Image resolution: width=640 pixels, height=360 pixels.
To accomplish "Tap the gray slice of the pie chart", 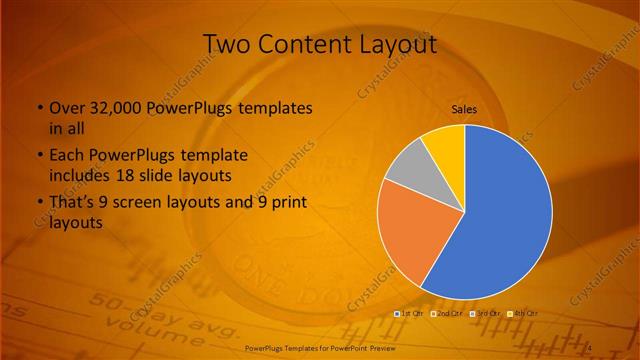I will tap(408, 170).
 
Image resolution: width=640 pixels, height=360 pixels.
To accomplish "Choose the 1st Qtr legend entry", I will tap(410, 314).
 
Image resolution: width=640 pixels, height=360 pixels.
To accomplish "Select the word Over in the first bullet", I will tap(67, 108).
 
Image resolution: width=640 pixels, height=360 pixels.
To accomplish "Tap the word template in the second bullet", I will tap(215, 156).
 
